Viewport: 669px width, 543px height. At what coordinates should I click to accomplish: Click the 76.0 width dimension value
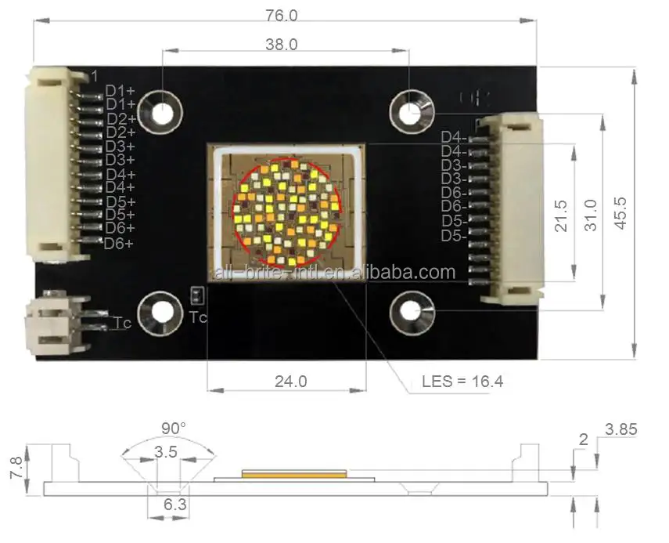tap(282, 15)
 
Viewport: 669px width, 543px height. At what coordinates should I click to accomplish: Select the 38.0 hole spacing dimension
tap(282, 45)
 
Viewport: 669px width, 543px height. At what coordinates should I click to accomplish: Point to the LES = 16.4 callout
tap(462, 382)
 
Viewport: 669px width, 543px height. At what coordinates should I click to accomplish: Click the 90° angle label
tap(174, 429)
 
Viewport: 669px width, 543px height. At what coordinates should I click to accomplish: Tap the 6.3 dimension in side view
tap(174, 505)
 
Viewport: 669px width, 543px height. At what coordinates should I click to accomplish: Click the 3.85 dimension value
tap(621, 429)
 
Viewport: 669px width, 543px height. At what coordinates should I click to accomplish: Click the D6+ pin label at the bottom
tap(119, 243)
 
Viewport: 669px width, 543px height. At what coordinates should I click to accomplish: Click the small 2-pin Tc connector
tap(57, 323)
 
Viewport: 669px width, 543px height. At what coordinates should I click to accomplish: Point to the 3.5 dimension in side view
tap(165, 452)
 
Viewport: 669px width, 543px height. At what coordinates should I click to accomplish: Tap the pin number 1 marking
tap(94, 76)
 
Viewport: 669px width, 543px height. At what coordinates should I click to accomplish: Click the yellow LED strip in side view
tap(294, 472)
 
